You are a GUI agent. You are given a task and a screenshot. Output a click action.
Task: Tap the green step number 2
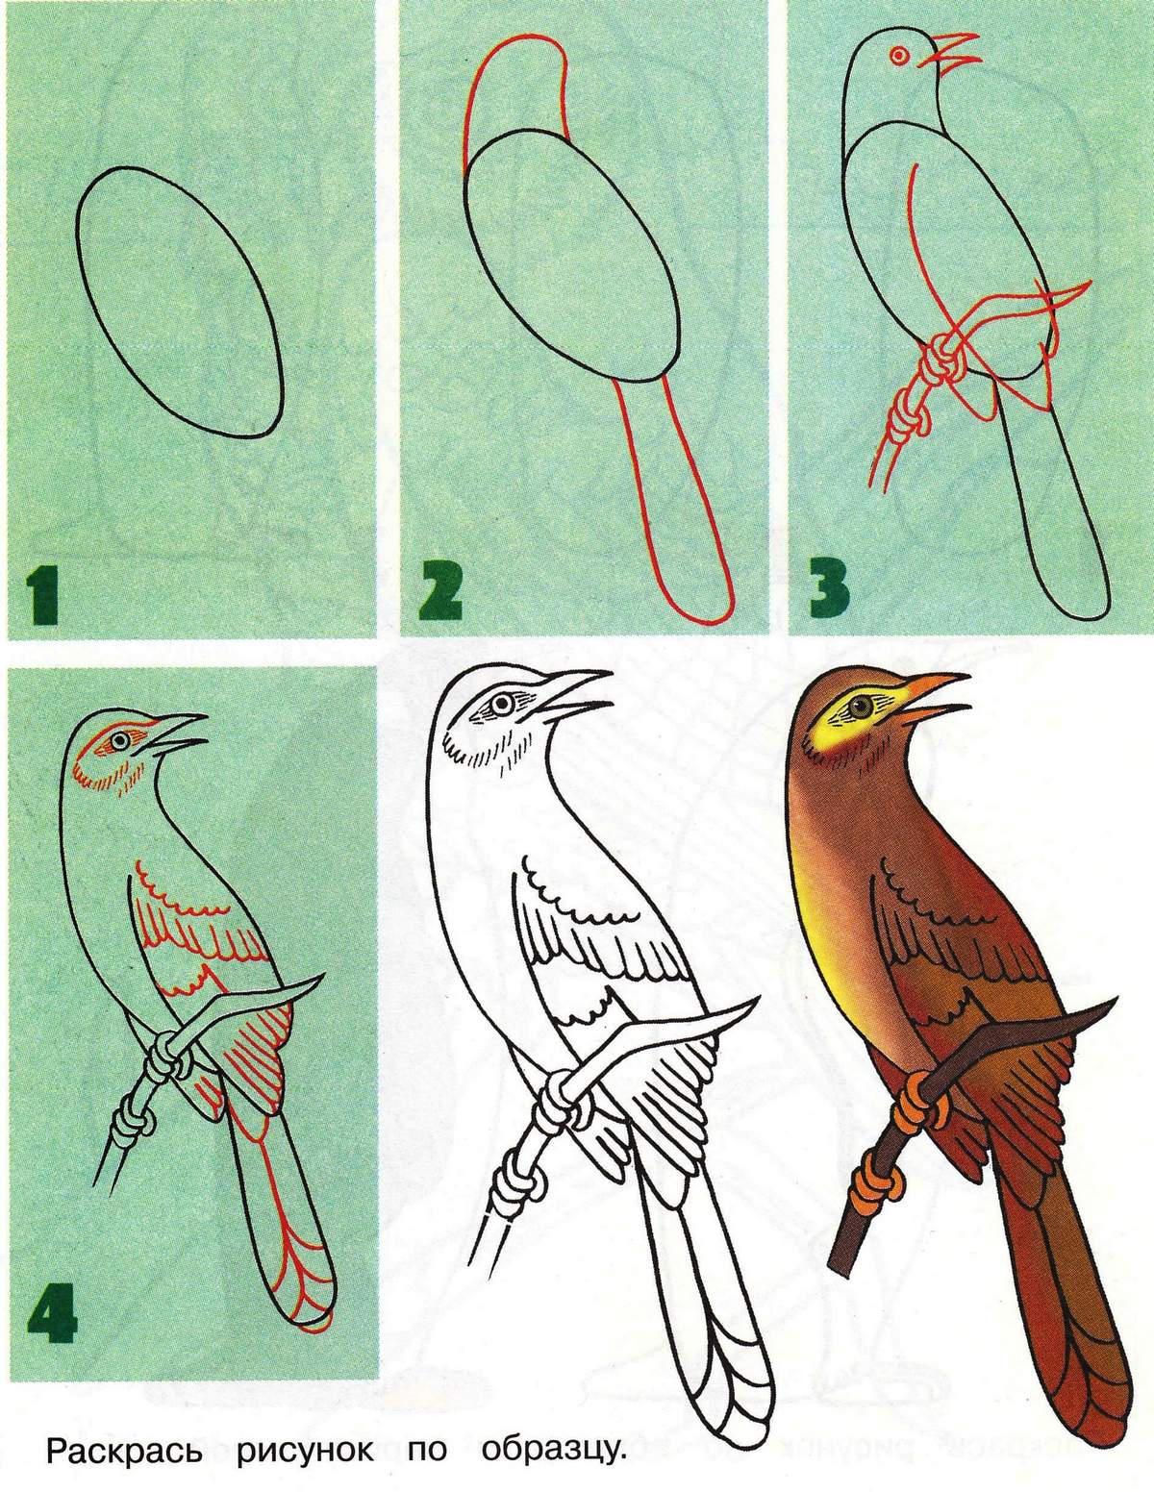click(439, 590)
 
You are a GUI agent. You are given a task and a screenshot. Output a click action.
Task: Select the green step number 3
click(829, 589)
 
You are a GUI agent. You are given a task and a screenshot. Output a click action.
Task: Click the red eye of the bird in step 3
click(899, 55)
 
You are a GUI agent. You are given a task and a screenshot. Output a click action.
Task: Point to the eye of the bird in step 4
click(121, 741)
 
